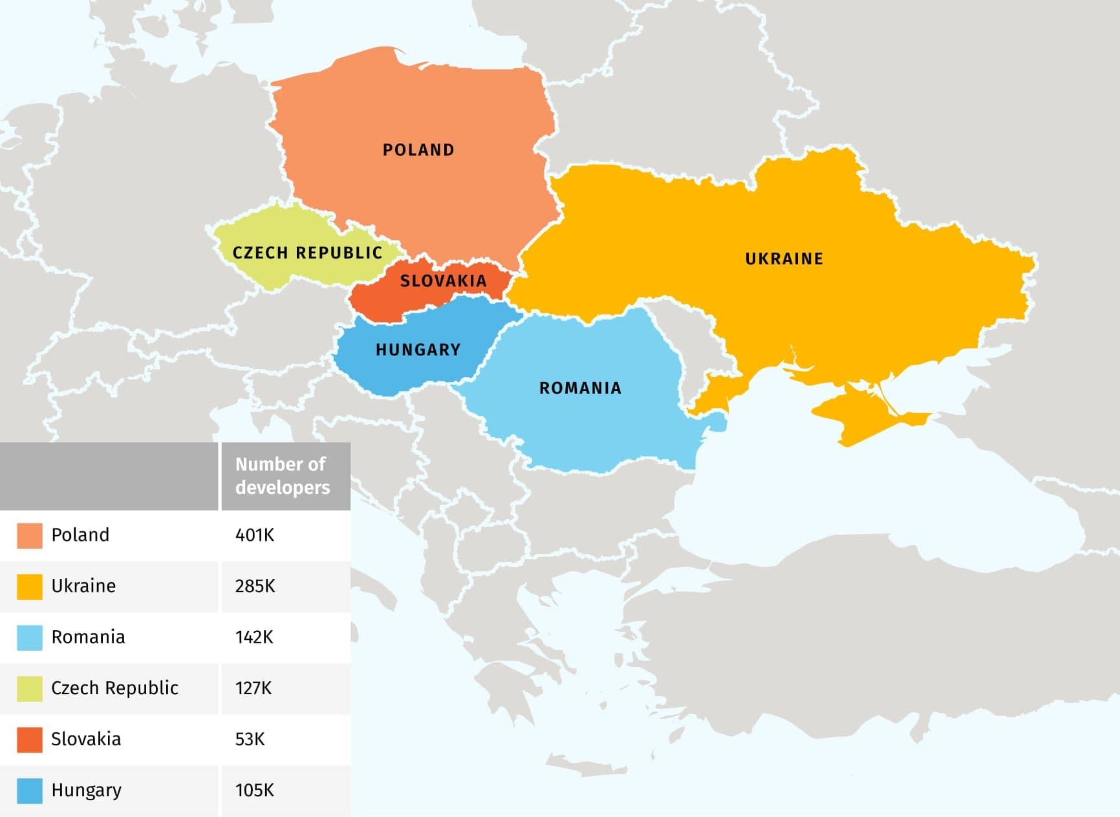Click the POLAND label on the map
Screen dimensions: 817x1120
418,150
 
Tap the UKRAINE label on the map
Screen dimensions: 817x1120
784,259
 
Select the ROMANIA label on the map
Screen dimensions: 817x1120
580,388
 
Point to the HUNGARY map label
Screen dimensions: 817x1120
418,350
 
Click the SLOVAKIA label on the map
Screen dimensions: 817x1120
443,281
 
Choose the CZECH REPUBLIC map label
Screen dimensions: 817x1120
307,253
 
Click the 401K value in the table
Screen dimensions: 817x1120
255,535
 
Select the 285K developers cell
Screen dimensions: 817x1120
255,586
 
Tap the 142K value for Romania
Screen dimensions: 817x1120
254,637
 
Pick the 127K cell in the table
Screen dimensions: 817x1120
253,688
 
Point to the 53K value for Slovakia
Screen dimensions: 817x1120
250,739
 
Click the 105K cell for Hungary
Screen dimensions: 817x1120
255,790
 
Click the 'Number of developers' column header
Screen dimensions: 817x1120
283,476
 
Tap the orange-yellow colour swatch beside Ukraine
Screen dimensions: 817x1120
30,587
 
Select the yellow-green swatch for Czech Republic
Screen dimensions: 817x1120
30,689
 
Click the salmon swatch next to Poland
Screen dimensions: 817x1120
30,536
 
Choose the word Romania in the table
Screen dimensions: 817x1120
88,637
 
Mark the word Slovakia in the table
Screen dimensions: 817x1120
86,739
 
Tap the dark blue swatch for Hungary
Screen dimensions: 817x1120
30,791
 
